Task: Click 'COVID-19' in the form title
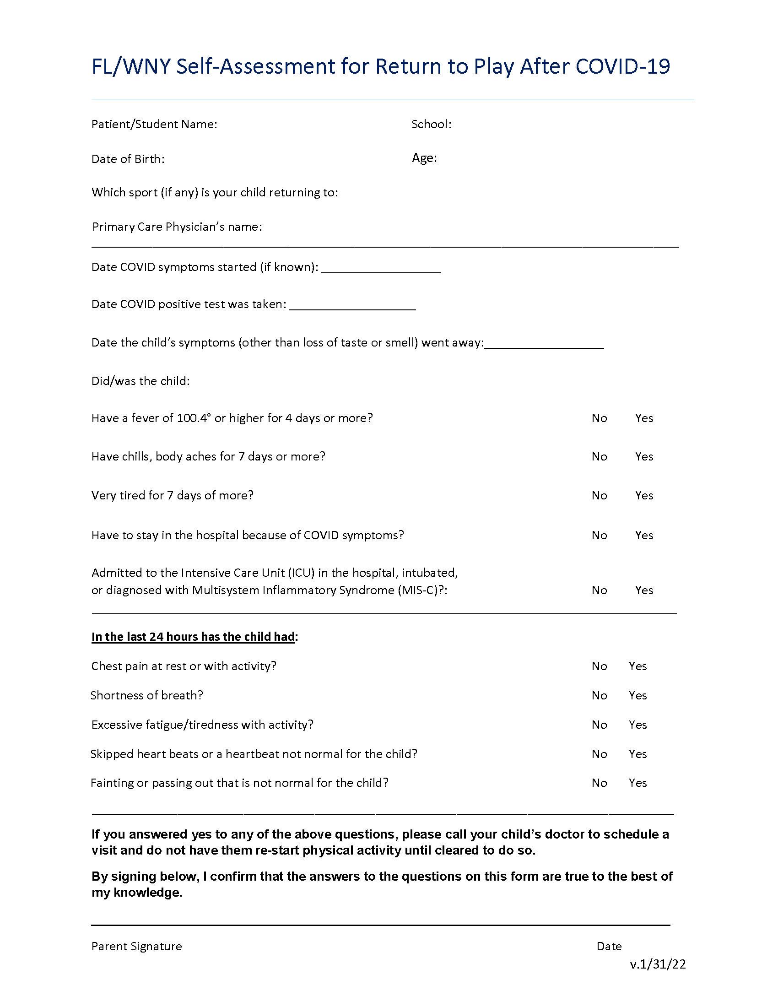[x=622, y=67]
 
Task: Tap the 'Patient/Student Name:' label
[x=154, y=124]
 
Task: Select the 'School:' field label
[x=431, y=124]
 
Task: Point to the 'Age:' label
[x=424, y=158]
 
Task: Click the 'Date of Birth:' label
[x=128, y=159]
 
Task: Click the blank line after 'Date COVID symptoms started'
[x=381, y=269]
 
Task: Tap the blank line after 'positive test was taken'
[x=352, y=306]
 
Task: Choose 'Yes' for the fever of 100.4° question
[x=644, y=418]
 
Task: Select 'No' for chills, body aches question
[x=599, y=456]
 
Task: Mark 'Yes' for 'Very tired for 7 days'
[x=644, y=495]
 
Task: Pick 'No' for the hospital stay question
[x=599, y=536]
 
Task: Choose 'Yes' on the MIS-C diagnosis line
[x=644, y=590]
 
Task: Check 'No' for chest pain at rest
[x=599, y=666]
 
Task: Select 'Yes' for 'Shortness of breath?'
[x=638, y=695]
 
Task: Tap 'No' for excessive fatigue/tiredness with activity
[x=599, y=725]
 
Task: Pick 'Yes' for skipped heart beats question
[x=638, y=754]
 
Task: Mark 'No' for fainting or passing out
[x=599, y=783]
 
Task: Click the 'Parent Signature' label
[x=136, y=947]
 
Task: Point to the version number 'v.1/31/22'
[x=658, y=964]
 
